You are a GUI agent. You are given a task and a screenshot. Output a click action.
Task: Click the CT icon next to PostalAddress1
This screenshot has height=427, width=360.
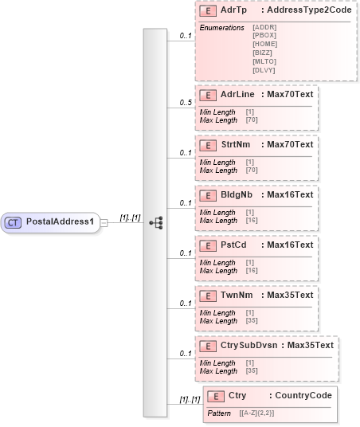(x=14, y=221)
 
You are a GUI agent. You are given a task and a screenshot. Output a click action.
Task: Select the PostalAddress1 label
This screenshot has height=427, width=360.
(x=61, y=221)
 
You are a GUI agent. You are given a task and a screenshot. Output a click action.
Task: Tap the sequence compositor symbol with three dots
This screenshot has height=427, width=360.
(x=156, y=222)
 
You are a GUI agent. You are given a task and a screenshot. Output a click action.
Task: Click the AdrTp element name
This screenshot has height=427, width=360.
(x=233, y=11)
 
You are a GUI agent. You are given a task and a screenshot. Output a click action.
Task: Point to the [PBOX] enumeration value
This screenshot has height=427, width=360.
(x=264, y=35)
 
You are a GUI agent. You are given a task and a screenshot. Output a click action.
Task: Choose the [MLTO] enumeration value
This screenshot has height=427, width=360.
(x=264, y=61)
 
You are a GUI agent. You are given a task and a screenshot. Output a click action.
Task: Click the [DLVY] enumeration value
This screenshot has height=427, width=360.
(x=264, y=70)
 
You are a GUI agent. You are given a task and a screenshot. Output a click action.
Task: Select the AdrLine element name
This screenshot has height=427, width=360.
(x=237, y=93)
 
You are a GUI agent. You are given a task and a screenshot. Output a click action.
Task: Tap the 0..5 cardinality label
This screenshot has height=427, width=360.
(x=186, y=103)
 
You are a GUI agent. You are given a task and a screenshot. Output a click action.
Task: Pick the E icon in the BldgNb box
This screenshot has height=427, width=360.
(x=207, y=194)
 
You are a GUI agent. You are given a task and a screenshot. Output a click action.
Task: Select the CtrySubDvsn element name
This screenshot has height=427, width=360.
(x=250, y=345)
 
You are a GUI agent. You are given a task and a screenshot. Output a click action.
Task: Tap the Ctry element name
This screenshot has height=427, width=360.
(x=237, y=396)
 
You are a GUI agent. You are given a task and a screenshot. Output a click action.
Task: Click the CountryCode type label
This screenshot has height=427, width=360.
(x=299, y=396)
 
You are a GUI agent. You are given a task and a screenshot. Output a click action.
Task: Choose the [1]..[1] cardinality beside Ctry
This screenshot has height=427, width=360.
(x=189, y=398)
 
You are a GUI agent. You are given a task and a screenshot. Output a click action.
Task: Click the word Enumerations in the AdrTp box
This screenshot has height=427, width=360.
(x=221, y=27)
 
